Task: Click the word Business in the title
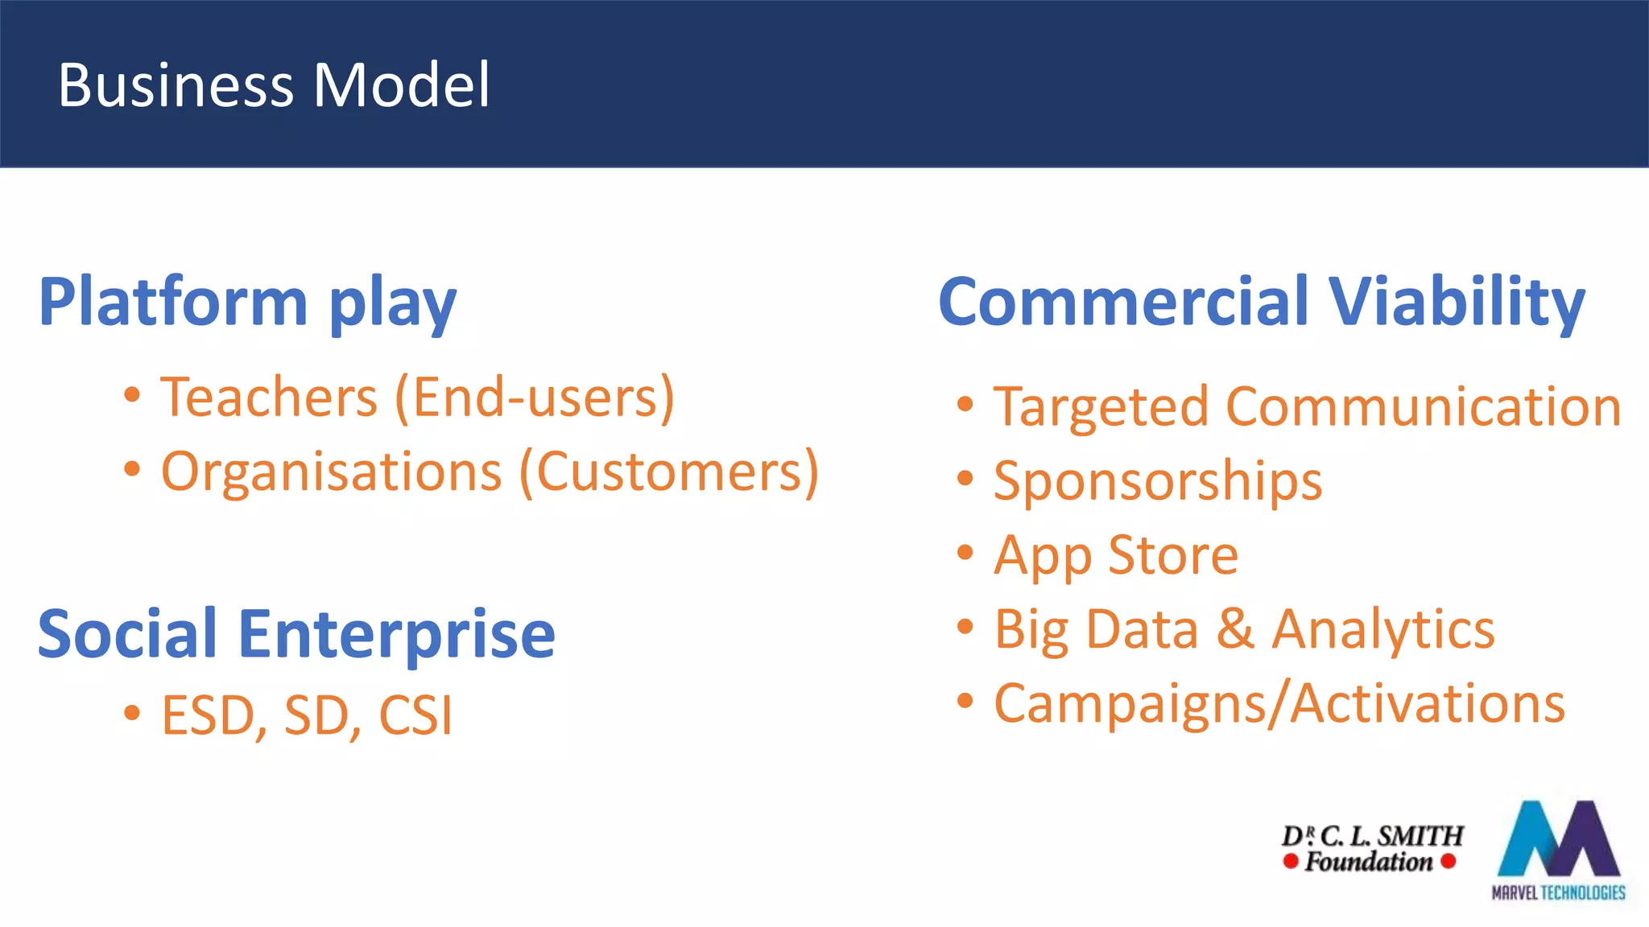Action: pyautogui.click(x=176, y=85)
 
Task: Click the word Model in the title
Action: pyautogui.click(x=401, y=85)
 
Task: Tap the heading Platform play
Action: pyautogui.click(x=247, y=303)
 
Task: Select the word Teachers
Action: pyautogui.click(x=269, y=398)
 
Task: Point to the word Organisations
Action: pyautogui.click(x=332, y=472)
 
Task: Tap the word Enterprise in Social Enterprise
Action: pyautogui.click(x=396, y=634)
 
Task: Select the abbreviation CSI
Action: pyautogui.click(x=415, y=715)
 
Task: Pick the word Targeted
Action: pyautogui.click(x=1101, y=407)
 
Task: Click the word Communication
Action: pyautogui.click(x=1423, y=407)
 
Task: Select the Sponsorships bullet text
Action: pyautogui.click(x=1157, y=482)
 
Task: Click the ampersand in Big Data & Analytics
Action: pyautogui.click(x=1234, y=629)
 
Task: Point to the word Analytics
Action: pyautogui.click(x=1382, y=629)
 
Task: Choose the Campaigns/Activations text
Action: pyautogui.click(x=1279, y=704)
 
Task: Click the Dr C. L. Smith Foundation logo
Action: pyautogui.click(x=1371, y=848)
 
